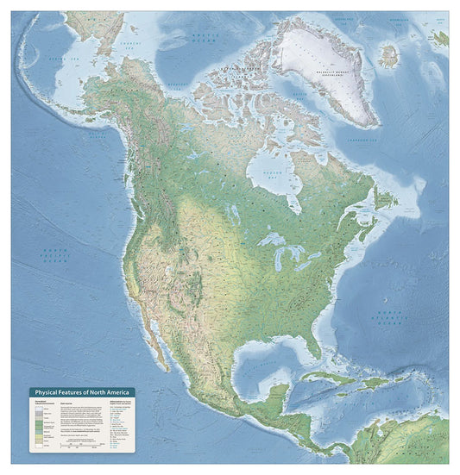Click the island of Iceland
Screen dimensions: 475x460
388,56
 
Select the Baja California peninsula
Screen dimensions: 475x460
154,330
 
